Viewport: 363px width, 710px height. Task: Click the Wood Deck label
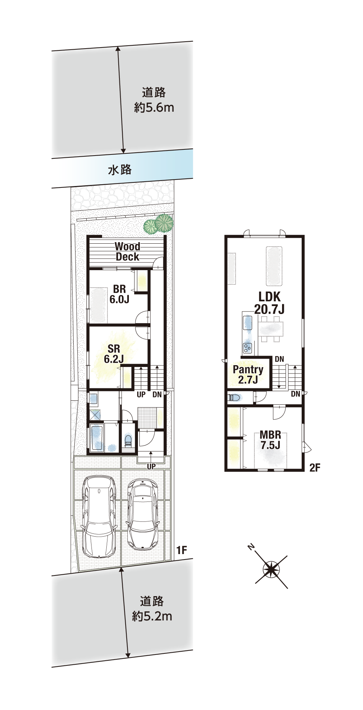coord(127,252)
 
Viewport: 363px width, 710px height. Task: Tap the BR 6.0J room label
coord(119,294)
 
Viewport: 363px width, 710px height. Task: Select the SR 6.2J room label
coord(114,354)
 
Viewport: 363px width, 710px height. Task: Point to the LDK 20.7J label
coord(269,303)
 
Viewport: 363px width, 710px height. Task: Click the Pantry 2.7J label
coord(248,375)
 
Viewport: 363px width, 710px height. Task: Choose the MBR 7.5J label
coord(270,440)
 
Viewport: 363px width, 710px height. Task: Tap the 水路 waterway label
coord(120,170)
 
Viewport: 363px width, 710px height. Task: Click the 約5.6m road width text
coord(154,108)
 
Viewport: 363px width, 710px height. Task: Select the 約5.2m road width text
coord(152,616)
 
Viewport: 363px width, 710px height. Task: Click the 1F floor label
coord(182,550)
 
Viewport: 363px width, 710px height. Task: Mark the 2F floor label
coord(315,468)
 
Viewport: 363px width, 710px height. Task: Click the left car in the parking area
coord(99,517)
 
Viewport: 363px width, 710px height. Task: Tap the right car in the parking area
coord(143,514)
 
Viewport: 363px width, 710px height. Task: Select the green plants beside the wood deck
coord(159,223)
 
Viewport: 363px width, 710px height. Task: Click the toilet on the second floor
coord(234,398)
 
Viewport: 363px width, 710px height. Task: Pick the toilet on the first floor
coord(128,440)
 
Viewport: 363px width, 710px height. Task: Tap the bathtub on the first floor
coord(97,438)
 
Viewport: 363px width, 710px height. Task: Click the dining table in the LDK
coord(270,329)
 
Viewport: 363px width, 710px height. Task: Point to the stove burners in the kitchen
coord(248,348)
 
